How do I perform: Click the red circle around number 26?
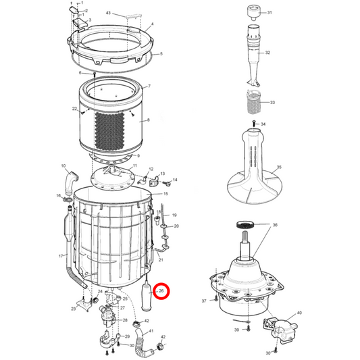[x=161, y=291]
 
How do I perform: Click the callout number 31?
[x=269, y=12]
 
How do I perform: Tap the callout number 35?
[x=279, y=167]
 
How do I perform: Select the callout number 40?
[x=299, y=313]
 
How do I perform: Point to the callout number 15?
[x=165, y=194]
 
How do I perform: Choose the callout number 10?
[x=63, y=165]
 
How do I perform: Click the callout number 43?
[x=108, y=13]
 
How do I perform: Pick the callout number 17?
[x=61, y=256]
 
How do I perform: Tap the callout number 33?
[x=272, y=102]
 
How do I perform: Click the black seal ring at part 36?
[x=245, y=224]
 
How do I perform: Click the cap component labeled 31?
[x=254, y=14]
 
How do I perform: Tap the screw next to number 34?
[x=254, y=123]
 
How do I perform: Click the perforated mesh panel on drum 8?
[x=109, y=130]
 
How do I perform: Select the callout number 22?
[x=74, y=109]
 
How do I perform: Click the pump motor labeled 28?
[x=106, y=315]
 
